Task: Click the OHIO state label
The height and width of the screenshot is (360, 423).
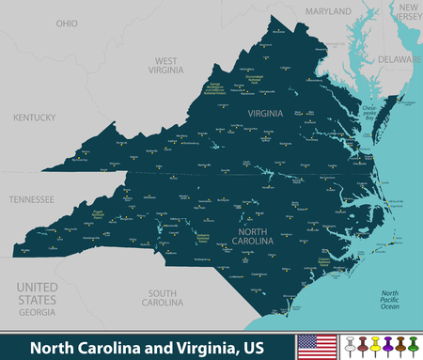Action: click(x=67, y=22)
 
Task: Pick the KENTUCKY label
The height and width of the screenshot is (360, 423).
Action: click(x=35, y=117)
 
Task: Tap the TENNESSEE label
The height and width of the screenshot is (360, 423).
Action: click(x=32, y=199)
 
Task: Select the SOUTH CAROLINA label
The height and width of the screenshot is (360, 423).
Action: click(x=161, y=297)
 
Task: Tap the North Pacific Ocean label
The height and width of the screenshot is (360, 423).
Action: click(x=389, y=299)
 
